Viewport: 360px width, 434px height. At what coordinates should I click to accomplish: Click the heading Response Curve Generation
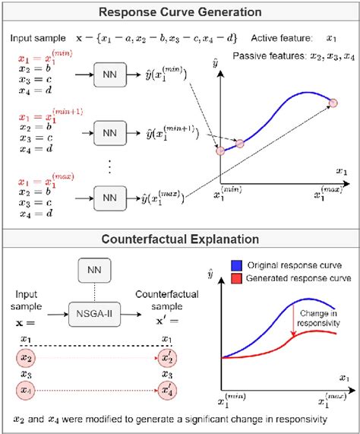click(179, 12)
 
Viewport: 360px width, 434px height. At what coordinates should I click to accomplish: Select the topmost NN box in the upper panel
click(109, 74)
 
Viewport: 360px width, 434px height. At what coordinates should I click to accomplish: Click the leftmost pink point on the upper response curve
click(220, 151)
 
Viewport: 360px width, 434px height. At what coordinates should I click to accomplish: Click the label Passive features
click(264, 56)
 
